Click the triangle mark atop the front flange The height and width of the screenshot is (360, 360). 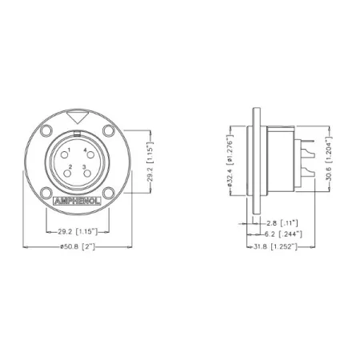point(77,119)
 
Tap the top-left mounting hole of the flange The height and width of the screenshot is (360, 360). point(46,131)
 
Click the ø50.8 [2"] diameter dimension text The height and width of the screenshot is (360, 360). point(78,247)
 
